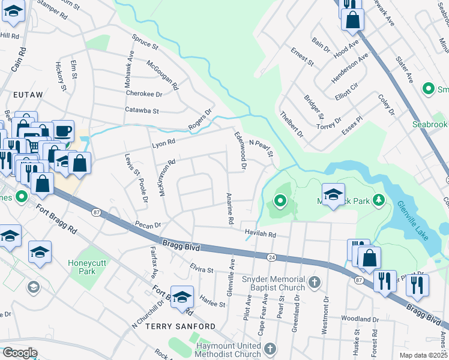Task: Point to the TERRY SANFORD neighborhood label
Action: pyautogui.click(x=180, y=326)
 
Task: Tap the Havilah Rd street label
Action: pyautogui.click(x=259, y=235)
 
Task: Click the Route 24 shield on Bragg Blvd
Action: pyautogui.click(x=271, y=257)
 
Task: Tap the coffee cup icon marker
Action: pyautogui.click(x=63, y=130)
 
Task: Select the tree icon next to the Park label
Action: pyautogui.click(x=379, y=199)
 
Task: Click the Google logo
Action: pyautogui.click(x=20, y=353)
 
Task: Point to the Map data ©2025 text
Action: pyautogui.click(x=424, y=355)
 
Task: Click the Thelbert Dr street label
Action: pyautogui.click(x=292, y=123)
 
